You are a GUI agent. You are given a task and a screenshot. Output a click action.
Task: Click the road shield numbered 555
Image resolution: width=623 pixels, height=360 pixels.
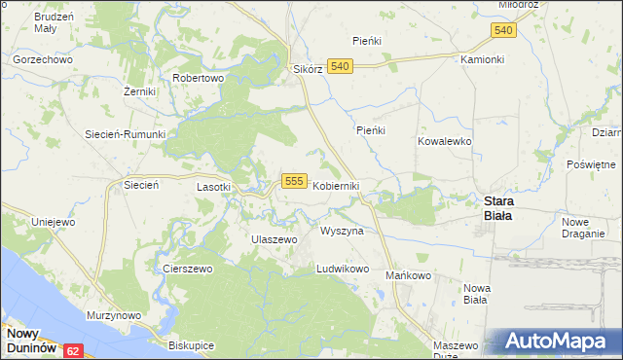(x=296, y=182)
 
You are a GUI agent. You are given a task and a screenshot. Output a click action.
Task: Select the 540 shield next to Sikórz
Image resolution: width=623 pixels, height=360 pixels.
(x=339, y=65)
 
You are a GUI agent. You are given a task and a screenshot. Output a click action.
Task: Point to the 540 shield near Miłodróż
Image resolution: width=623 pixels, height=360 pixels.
(x=502, y=31)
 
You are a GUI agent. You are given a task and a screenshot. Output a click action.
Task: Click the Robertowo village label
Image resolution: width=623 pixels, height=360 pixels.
(x=198, y=78)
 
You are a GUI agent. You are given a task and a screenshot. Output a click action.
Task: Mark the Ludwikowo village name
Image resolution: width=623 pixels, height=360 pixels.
(x=343, y=269)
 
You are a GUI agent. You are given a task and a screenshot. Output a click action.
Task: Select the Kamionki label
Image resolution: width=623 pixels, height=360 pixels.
(x=483, y=59)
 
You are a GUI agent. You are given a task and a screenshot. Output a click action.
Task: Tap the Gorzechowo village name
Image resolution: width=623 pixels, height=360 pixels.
(x=43, y=59)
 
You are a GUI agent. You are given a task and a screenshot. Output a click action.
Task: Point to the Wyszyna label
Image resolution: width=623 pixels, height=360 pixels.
(x=342, y=232)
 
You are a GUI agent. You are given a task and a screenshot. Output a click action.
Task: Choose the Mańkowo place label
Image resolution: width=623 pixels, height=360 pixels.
(x=408, y=275)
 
